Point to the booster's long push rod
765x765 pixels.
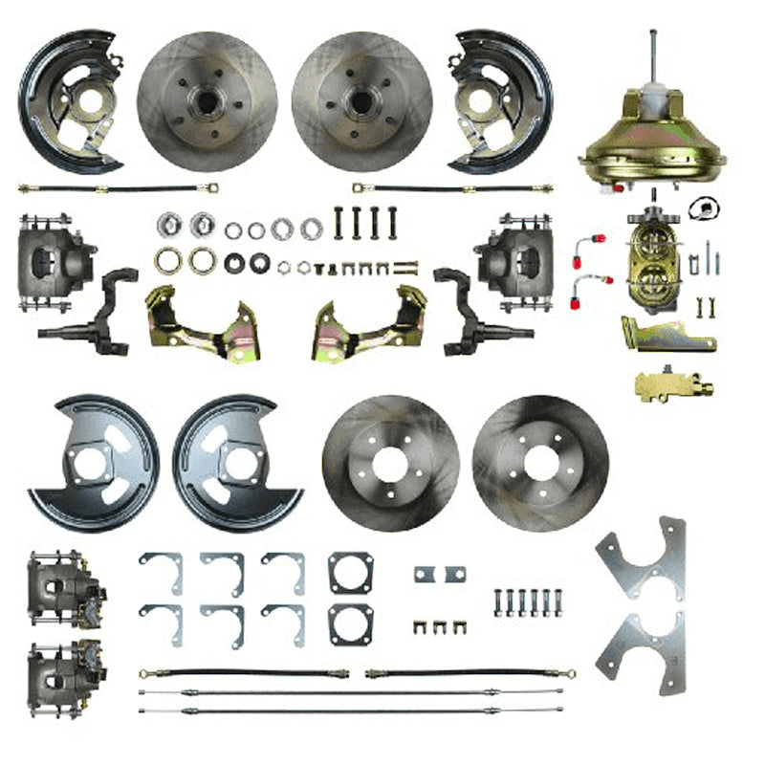(653, 57)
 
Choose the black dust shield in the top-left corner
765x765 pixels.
(69, 100)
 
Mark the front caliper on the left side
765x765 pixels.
(55, 261)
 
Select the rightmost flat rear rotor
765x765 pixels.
(540, 464)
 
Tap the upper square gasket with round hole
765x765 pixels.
(350, 573)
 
